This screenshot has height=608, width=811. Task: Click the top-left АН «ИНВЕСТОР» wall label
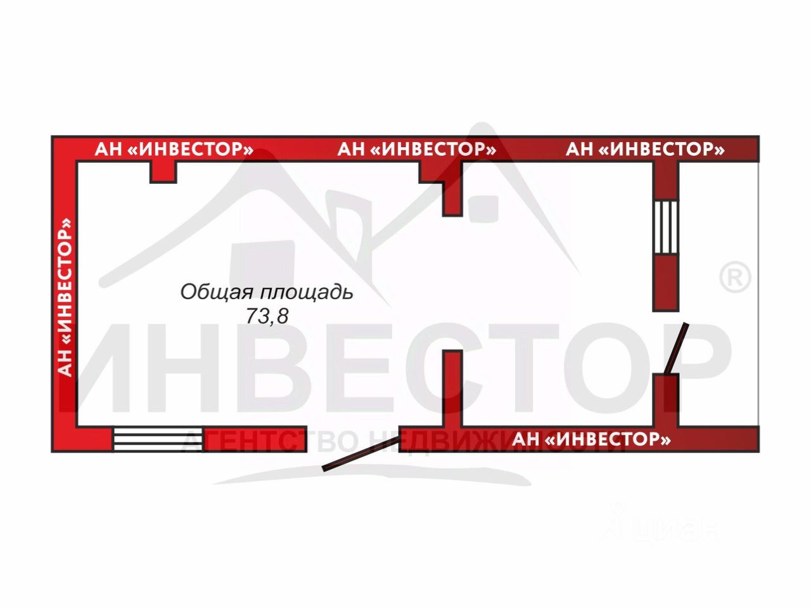(174, 150)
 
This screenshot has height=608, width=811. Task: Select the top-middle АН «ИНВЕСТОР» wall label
(416, 150)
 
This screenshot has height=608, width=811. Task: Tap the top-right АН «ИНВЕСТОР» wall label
(645, 150)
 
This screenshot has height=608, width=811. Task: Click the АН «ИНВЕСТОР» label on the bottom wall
(591, 439)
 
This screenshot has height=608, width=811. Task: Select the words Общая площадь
(266, 292)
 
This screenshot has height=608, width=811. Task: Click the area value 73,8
(267, 316)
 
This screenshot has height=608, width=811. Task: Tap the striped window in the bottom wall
(158, 439)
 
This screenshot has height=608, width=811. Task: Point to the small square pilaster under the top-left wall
(163, 172)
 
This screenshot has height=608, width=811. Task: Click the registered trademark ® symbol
(736, 278)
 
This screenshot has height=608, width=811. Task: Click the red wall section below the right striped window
(666, 282)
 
